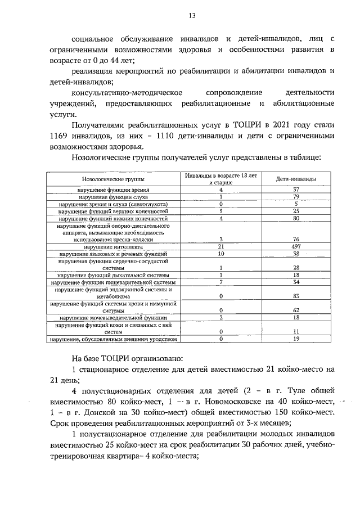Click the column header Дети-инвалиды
point(296,179)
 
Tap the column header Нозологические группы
point(113,179)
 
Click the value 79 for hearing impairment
point(296,197)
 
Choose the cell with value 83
point(296,295)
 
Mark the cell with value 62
point(296,310)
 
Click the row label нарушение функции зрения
point(113,190)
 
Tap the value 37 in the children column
point(296,190)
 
